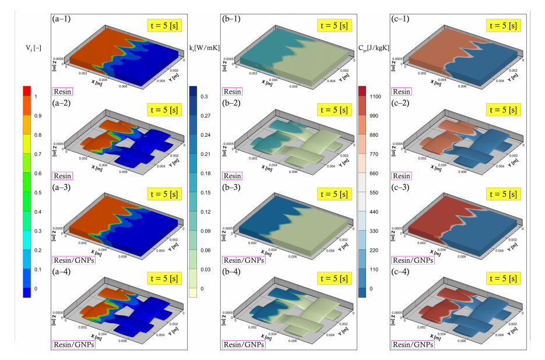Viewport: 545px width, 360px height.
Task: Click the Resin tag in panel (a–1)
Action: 63,91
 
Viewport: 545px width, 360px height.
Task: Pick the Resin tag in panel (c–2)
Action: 402,175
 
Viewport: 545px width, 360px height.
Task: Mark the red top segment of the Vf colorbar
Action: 27,91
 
